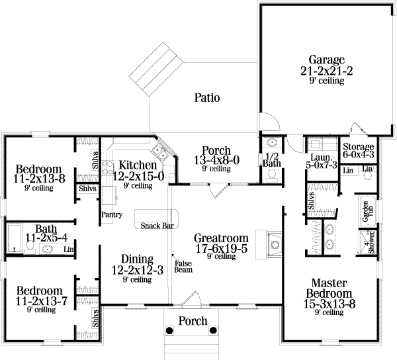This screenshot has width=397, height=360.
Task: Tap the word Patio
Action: (x=207, y=98)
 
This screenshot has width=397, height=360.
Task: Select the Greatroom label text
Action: (x=220, y=243)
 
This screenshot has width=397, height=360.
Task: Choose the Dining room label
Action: (x=133, y=264)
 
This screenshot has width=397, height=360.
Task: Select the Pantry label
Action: (x=110, y=215)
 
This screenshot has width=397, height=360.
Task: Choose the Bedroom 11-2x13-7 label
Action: (x=39, y=296)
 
